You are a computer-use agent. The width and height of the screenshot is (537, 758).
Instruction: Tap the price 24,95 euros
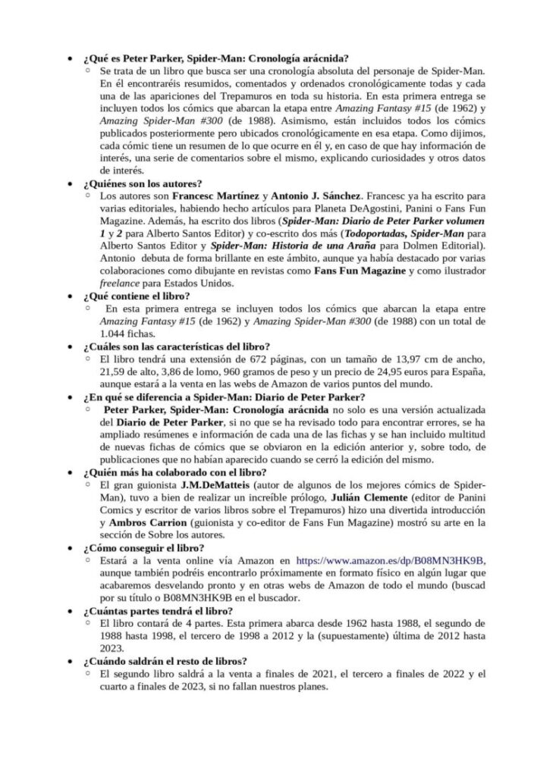(407, 370)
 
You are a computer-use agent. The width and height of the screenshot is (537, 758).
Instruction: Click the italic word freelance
(121, 283)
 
